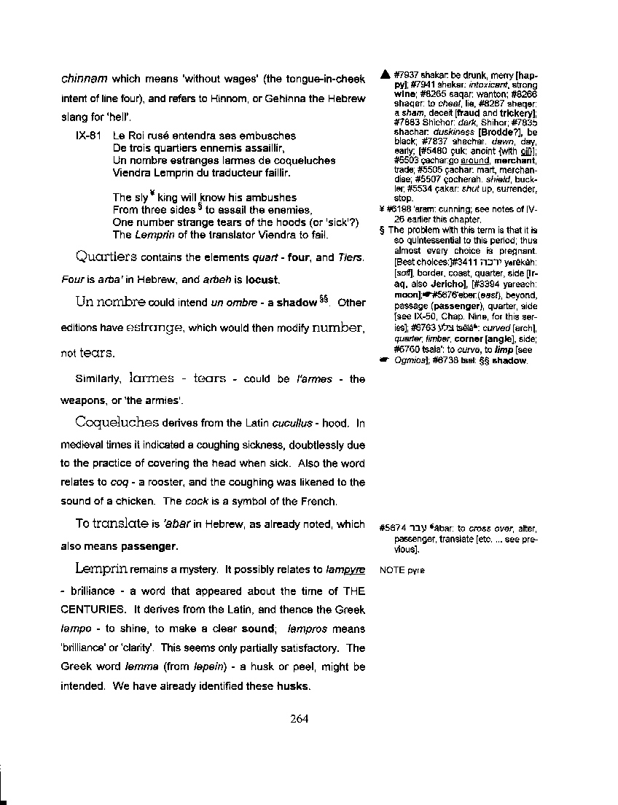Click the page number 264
pyautogui.click(x=300, y=718)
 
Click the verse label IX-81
pyautogui.click(x=88, y=136)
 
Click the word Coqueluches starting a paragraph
pyautogui.click(x=117, y=423)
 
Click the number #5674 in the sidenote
pyautogui.click(x=392, y=528)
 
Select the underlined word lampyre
pyautogui.click(x=345, y=569)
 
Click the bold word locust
pyautogui.click(x=262, y=279)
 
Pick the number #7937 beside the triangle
pyautogui.click(x=405, y=74)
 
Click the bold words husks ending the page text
pyautogui.click(x=294, y=685)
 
